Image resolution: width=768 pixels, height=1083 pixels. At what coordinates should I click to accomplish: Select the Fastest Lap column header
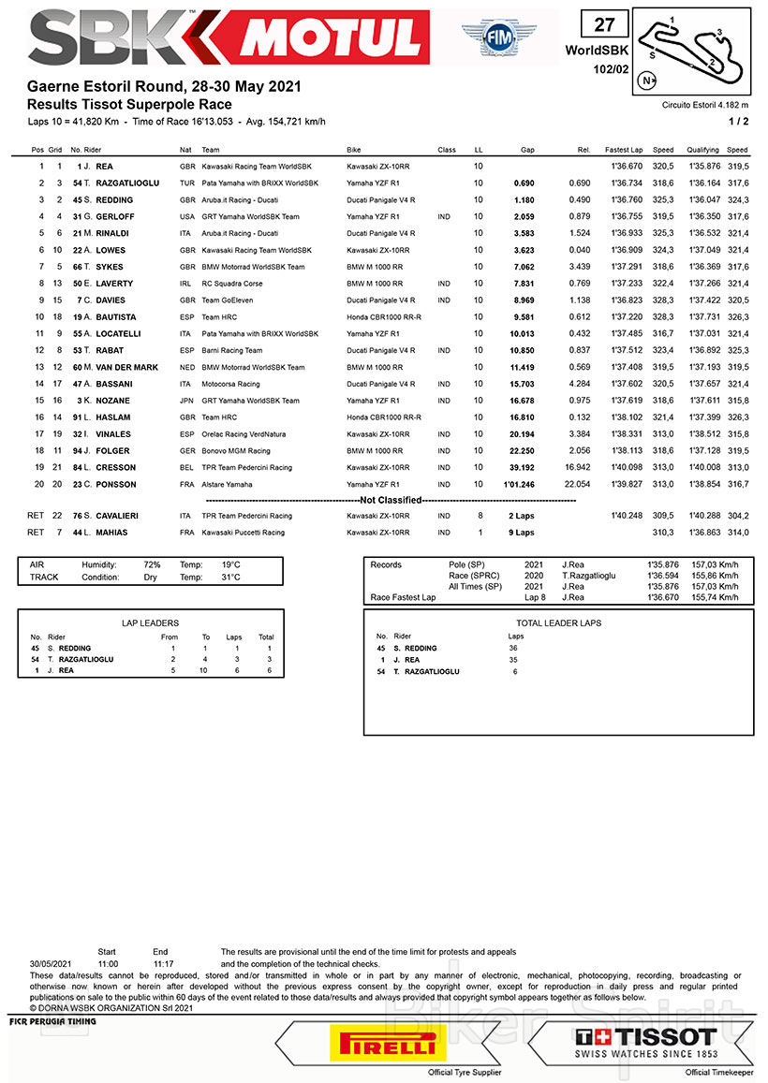click(623, 150)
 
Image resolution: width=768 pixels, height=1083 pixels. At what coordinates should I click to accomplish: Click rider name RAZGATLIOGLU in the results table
click(128, 183)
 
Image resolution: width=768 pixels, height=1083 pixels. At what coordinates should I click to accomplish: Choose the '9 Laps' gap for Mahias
click(522, 533)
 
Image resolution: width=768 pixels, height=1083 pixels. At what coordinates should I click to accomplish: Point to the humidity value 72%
click(153, 565)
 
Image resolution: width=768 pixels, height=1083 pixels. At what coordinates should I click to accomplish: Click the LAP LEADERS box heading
click(150, 622)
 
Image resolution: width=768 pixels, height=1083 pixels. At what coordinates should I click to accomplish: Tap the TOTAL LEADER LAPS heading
click(558, 622)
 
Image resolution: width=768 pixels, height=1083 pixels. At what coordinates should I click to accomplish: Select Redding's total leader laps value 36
click(513, 648)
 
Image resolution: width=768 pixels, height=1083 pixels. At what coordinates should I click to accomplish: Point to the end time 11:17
click(163, 962)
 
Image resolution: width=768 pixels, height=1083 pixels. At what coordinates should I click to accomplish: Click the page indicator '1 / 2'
click(738, 122)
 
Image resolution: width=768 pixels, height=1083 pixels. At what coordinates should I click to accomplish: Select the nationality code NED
click(186, 367)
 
